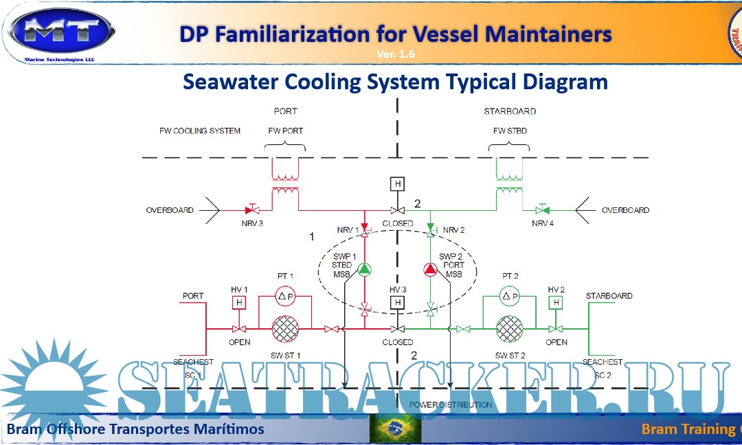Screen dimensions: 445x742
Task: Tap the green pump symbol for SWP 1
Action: [x=364, y=269]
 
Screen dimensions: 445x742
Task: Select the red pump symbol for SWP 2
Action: [x=430, y=269]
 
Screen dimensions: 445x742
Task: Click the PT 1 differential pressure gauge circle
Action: [x=284, y=297]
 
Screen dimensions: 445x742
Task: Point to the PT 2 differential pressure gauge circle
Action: [x=509, y=297]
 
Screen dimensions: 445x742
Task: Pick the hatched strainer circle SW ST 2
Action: [x=509, y=329]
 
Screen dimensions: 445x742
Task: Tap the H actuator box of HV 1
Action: [x=239, y=302]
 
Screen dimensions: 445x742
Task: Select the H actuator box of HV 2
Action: [x=556, y=302]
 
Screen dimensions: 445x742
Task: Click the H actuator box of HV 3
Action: [x=397, y=302]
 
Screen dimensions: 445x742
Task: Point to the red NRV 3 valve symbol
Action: [x=251, y=209]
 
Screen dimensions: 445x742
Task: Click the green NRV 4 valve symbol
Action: [x=542, y=209]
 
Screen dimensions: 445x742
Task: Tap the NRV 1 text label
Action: [x=348, y=229]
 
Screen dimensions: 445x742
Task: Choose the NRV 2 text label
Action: [x=454, y=229]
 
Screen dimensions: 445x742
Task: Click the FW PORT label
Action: [x=285, y=130]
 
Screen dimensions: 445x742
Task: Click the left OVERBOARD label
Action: [x=170, y=210]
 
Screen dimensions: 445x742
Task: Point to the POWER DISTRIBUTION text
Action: [x=451, y=404]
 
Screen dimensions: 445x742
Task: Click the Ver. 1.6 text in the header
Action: [x=396, y=54]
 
